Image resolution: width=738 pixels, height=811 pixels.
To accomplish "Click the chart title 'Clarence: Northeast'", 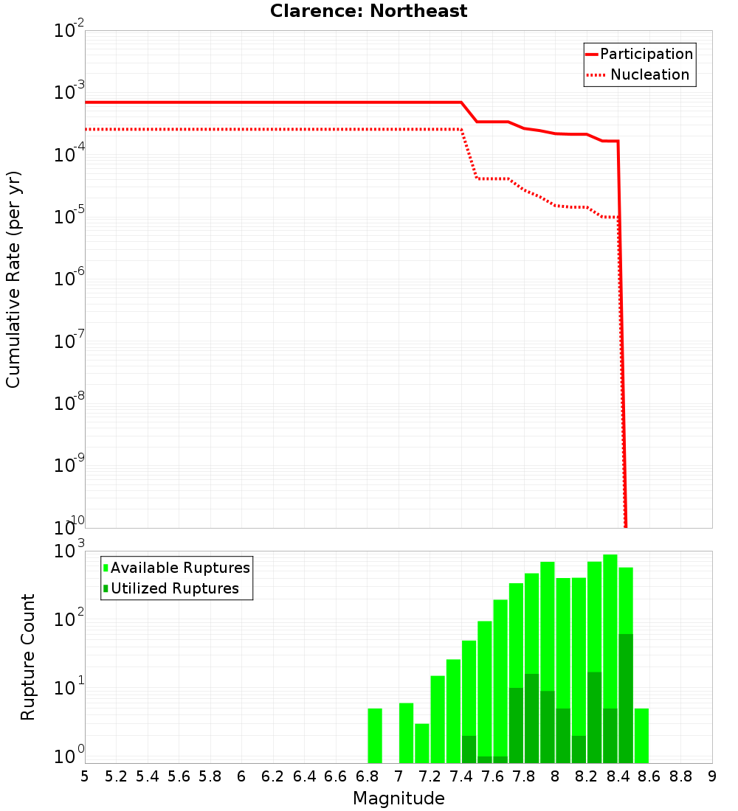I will coord(368,12).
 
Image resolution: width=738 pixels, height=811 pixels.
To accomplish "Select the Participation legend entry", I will coord(639,55).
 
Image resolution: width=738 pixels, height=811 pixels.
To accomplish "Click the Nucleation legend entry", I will coord(639,75).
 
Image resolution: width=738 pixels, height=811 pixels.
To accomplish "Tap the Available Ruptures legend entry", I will coord(176,568).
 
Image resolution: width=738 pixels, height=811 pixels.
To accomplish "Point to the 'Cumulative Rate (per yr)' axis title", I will coord(13,279).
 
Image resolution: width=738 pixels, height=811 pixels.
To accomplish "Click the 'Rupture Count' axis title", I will coord(28,657).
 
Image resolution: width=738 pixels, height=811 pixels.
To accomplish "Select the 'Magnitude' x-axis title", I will coord(399,798).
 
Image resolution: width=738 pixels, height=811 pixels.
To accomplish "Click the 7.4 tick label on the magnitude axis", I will coord(461,776).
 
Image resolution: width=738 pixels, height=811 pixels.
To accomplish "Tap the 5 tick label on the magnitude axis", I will coord(85,776).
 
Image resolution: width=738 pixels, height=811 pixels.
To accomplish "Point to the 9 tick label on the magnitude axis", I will coord(712,776).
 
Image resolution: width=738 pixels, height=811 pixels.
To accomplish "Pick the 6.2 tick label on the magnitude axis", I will coord(273,776).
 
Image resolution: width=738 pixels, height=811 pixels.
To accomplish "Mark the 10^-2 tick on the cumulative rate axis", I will coord(69,31).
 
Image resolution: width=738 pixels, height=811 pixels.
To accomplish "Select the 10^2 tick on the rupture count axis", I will coord(69,619).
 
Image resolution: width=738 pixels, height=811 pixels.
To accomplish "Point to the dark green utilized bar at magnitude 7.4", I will coord(469,749).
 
